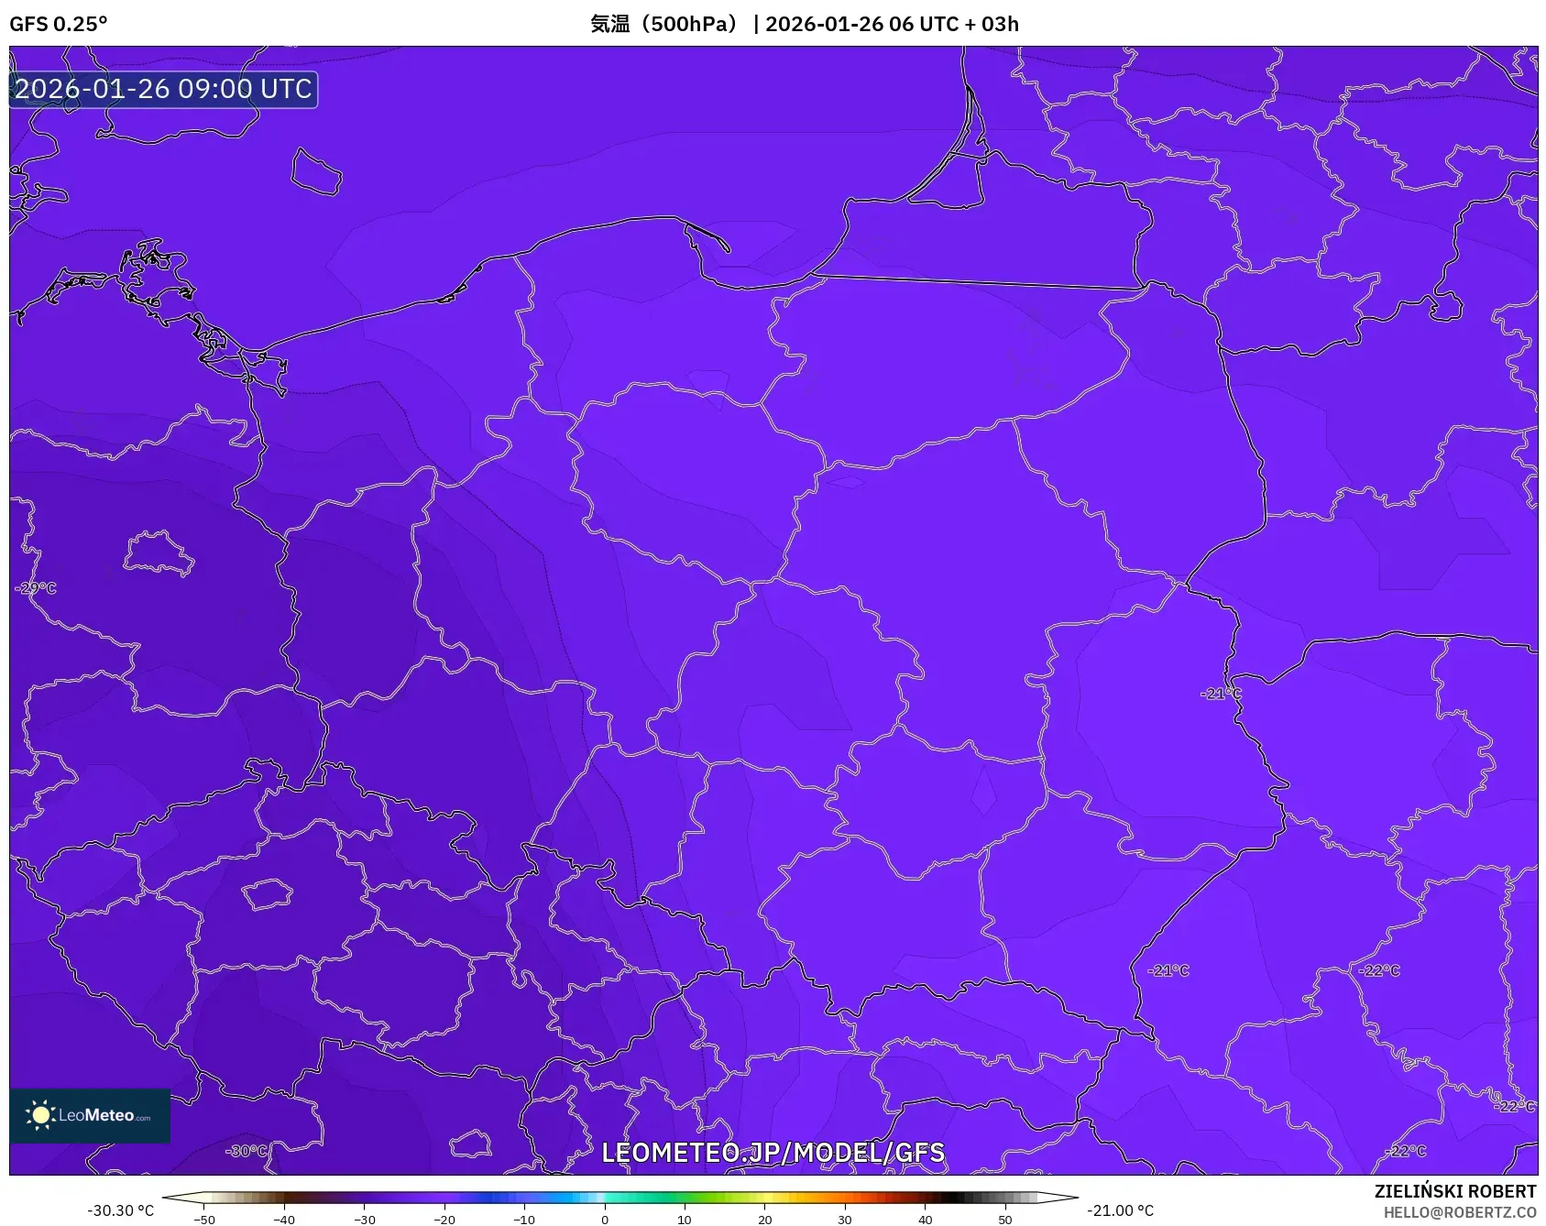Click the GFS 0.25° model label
point(59,24)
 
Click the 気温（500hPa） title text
point(663,24)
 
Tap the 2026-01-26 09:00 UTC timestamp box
point(163,90)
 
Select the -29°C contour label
point(37,588)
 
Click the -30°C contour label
point(247,1151)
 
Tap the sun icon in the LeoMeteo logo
point(40,1115)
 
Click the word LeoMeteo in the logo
point(96,1115)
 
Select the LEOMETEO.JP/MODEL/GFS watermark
point(773,1153)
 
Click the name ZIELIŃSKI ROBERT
point(1454,1191)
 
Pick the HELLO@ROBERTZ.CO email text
point(1460,1212)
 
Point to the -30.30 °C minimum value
point(121,1210)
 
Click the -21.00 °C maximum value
point(1120,1210)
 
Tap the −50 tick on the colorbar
point(204,1220)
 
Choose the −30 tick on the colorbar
point(365,1220)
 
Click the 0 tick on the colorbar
point(605,1220)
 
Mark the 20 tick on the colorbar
point(765,1220)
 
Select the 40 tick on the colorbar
point(926,1220)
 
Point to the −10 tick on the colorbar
point(524,1220)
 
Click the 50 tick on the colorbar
point(1005,1220)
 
